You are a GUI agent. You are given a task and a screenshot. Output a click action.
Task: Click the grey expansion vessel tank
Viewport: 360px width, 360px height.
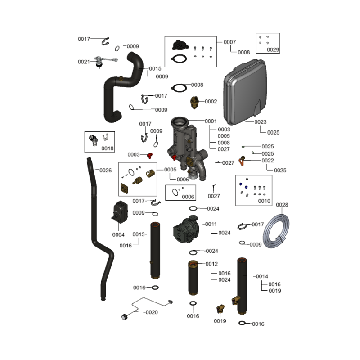click(x=245, y=92)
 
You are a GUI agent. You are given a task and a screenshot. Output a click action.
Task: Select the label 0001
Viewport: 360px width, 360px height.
click(x=211, y=121)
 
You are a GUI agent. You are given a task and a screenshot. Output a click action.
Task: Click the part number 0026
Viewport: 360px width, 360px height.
click(x=106, y=171)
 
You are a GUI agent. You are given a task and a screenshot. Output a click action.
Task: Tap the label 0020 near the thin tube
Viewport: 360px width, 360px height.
click(x=152, y=312)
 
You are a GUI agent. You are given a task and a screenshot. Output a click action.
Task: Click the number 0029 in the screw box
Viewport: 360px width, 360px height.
click(x=273, y=49)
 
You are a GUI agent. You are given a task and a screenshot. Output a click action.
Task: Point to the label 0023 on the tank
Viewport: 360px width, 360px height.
click(x=261, y=122)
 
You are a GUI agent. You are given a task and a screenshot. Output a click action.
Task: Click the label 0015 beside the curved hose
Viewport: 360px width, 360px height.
click(x=155, y=69)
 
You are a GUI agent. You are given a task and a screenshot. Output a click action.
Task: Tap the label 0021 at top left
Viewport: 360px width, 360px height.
click(x=84, y=62)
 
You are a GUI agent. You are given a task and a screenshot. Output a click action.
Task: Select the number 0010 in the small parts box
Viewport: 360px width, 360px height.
click(x=264, y=201)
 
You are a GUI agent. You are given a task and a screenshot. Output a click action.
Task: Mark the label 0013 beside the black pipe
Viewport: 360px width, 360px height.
click(x=139, y=234)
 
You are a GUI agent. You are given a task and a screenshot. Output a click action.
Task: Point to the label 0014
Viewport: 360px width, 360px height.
click(x=262, y=276)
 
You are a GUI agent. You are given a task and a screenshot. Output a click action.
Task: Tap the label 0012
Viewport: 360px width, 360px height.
click(x=211, y=264)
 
